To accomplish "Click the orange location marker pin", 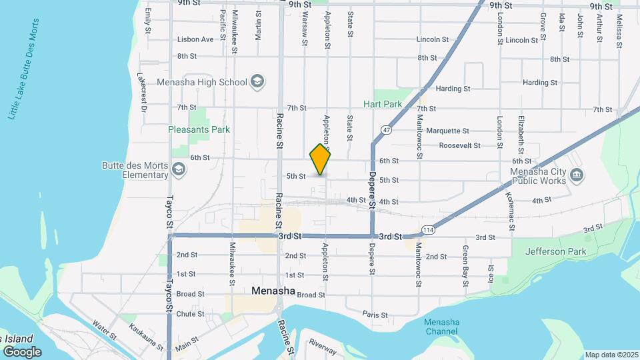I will point(320,159).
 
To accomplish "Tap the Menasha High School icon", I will point(257,83).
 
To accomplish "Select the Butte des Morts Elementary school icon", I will point(178,170).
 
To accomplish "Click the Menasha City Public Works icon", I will point(577,175).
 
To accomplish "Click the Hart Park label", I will point(383,104).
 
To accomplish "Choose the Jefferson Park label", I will point(555,251).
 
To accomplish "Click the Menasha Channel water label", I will point(441,327).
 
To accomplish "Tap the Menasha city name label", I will point(273,291).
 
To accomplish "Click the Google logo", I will point(21,351).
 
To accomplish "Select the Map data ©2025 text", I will point(611,355).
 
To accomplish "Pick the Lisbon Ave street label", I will point(195,39).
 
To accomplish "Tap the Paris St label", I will point(375,313).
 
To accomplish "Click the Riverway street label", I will point(323,347).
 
